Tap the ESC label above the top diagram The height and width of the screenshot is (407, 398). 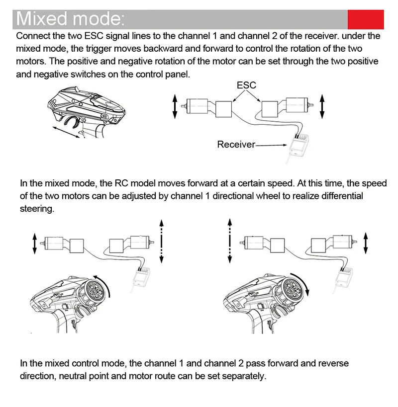[x=246, y=85]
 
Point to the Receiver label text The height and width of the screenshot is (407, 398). [x=236, y=145]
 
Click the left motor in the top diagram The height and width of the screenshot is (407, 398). [x=198, y=105]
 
